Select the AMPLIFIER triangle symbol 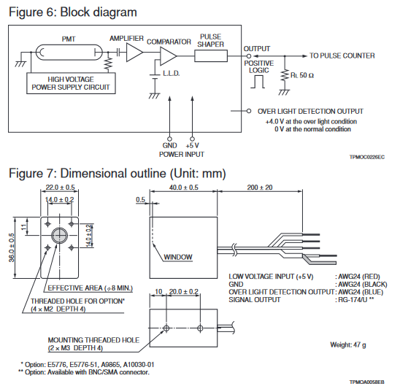tap(134, 53)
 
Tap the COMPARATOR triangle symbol tap(168, 56)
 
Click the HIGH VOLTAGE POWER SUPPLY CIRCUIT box tap(71, 83)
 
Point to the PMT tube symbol tap(69, 53)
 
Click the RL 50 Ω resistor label tap(302, 75)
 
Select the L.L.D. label tap(172, 74)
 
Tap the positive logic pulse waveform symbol tap(258, 82)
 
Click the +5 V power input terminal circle tap(193, 139)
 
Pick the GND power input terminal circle tap(169, 139)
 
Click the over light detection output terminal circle tap(249, 111)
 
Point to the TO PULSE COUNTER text tap(342, 56)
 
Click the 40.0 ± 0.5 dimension tap(184, 188)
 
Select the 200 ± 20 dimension tap(260, 188)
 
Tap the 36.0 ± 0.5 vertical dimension tap(12, 247)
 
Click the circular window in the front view tap(60, 236)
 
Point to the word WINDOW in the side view tap(178, 257)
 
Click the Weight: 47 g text tap(348, 345)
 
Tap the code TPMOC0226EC tap(367, 157)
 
